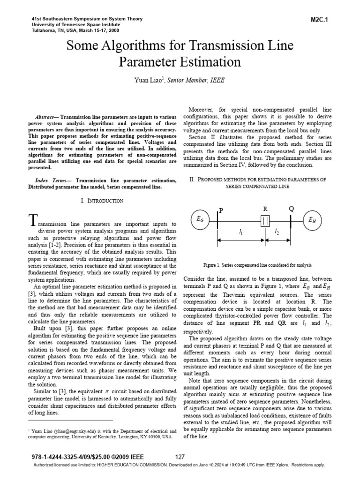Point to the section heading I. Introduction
[102, 201]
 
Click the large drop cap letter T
[32, 220]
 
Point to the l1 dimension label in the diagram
[241, 232]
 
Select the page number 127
[180, 457]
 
